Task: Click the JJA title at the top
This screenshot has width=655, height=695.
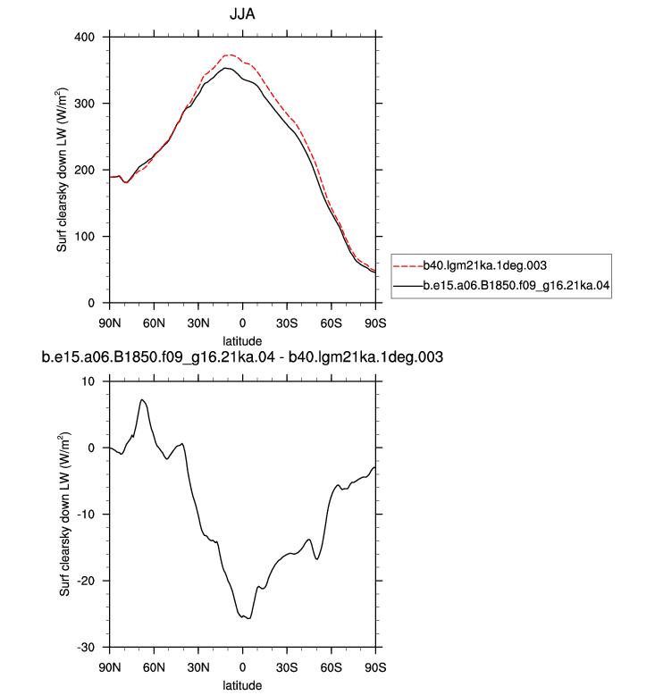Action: point(242,14)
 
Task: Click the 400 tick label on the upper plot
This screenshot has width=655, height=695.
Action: point(84,38)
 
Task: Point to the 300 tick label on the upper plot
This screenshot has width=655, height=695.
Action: point(84,104)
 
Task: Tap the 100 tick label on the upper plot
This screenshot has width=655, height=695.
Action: point(84,237)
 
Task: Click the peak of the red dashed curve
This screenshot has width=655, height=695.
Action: point(230,55)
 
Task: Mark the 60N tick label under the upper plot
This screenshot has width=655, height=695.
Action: point(154,323)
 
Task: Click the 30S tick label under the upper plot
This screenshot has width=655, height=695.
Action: point(287,323)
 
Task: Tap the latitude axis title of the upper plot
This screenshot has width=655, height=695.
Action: point(242,341)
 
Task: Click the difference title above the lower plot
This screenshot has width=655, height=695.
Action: point(242,357)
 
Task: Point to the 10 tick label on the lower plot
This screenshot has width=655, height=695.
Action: point(88,381)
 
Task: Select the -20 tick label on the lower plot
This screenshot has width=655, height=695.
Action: point(86,581)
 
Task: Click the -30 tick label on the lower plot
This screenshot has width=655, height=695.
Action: point(86,648)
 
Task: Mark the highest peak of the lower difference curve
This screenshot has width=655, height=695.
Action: point(141,400)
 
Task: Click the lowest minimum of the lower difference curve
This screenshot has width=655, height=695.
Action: point(249,618)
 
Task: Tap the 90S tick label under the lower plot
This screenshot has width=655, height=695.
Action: point(375,667)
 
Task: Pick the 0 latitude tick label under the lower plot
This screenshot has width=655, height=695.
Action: point(242,667)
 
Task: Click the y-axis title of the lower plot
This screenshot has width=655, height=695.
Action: point(64,515)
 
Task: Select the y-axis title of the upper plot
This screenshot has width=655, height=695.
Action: point(62,171)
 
